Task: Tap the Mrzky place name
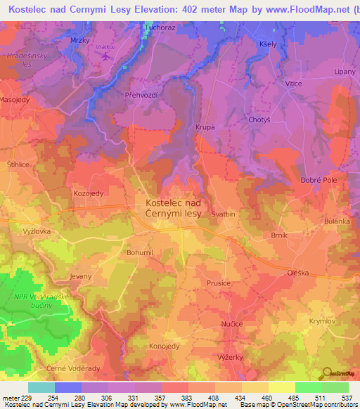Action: pyautogui.click(x=80, y=41)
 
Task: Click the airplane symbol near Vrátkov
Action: pyautogui.click(x=105, y=57)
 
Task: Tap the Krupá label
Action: pyautogui.click(x=204, y=127)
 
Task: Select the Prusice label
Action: pyautogui.click(x=219, y=283)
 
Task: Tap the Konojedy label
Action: pyautogui.click(x=164, y=346)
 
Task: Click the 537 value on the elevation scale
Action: pyautogui.click(x=345, y=397)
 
